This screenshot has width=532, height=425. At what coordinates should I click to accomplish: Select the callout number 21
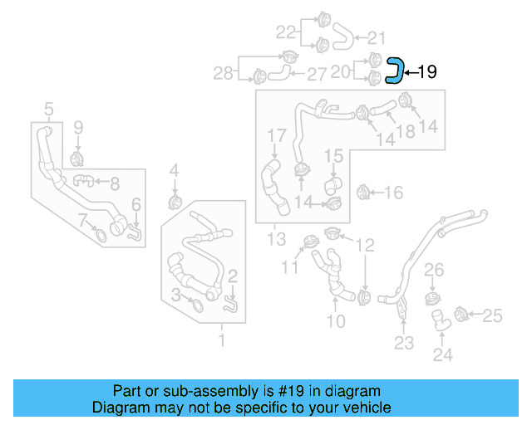coord(377,37)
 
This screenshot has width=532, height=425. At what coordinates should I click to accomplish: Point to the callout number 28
coord(223,74)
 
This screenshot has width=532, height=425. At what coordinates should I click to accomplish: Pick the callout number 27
coord(317,75)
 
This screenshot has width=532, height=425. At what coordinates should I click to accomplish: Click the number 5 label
coord(48,108)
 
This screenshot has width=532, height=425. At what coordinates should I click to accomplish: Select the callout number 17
coord(276,134)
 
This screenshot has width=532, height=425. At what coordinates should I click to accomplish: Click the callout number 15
coord(333,155)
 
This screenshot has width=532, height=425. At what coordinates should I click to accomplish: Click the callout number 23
coord(403,343)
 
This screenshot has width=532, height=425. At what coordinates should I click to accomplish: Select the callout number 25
coord(493,315)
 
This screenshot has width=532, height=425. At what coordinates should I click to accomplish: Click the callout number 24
coord(442,354)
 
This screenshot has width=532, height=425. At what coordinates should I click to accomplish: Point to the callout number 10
coord(335,321)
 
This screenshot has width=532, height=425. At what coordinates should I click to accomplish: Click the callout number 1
coord(221,340)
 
